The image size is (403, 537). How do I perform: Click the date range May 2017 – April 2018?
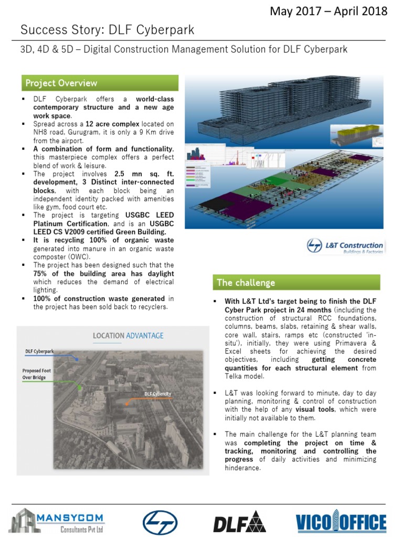328,11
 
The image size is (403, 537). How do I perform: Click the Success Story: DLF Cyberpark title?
107,30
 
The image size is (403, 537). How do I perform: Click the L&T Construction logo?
345,246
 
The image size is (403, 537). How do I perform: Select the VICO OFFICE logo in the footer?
341,522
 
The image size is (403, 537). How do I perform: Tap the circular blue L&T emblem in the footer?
160,523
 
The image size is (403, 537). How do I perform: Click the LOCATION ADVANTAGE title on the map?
128,336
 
